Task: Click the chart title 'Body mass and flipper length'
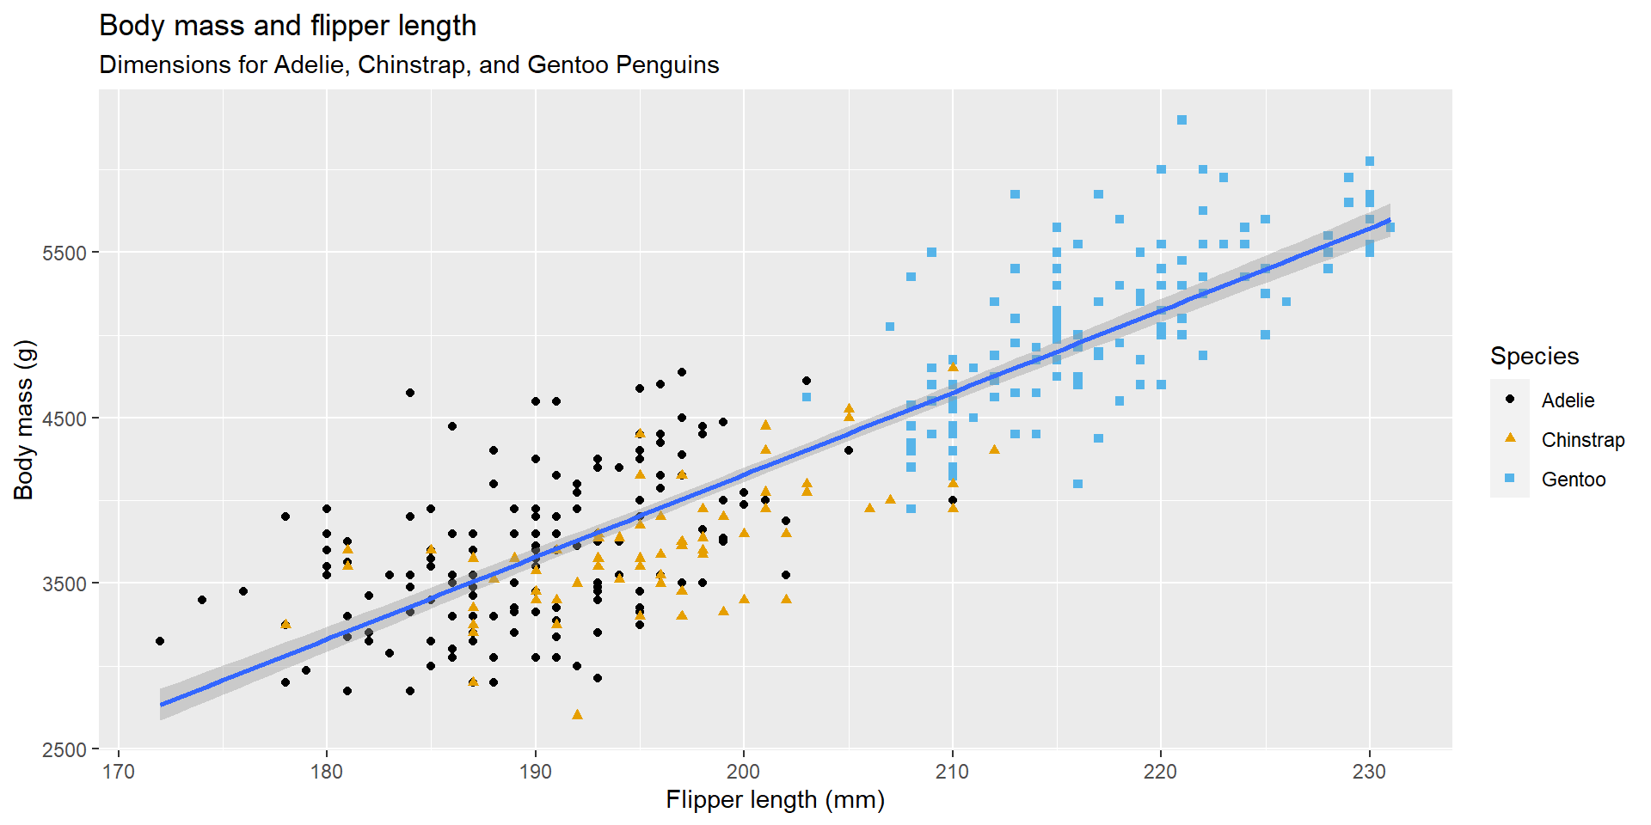287,26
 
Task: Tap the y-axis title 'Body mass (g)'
24,419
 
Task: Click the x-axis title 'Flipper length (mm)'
775,800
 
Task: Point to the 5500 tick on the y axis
64,253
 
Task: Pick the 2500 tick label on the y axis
64,749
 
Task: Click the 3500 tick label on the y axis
64,584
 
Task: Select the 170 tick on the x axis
119,772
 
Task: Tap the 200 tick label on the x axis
744,772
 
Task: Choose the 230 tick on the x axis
1369,772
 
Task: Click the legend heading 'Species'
1534,356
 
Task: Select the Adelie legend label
1568,400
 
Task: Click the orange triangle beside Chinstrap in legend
1510,438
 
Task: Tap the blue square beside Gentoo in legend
1510,479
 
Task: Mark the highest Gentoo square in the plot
1181,120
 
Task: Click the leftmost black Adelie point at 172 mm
160,641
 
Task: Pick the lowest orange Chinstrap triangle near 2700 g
577,715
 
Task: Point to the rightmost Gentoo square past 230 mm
1390,228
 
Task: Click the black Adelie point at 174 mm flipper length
202,600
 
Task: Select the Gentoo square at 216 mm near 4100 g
1077,484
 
